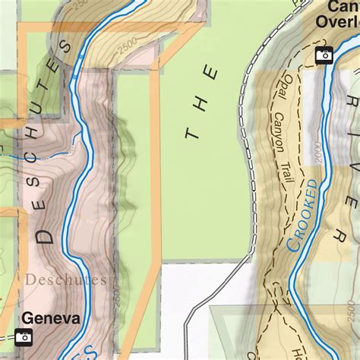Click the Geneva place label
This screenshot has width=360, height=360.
pyautogui.click(x=51, y=318)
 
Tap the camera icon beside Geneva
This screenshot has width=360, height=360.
pyautogui.click(x=24, y=337)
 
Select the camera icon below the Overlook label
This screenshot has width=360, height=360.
pyautogui.click(x=324, y=55)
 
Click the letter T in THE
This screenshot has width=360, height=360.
pyautogui.click(x=191, y=132)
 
